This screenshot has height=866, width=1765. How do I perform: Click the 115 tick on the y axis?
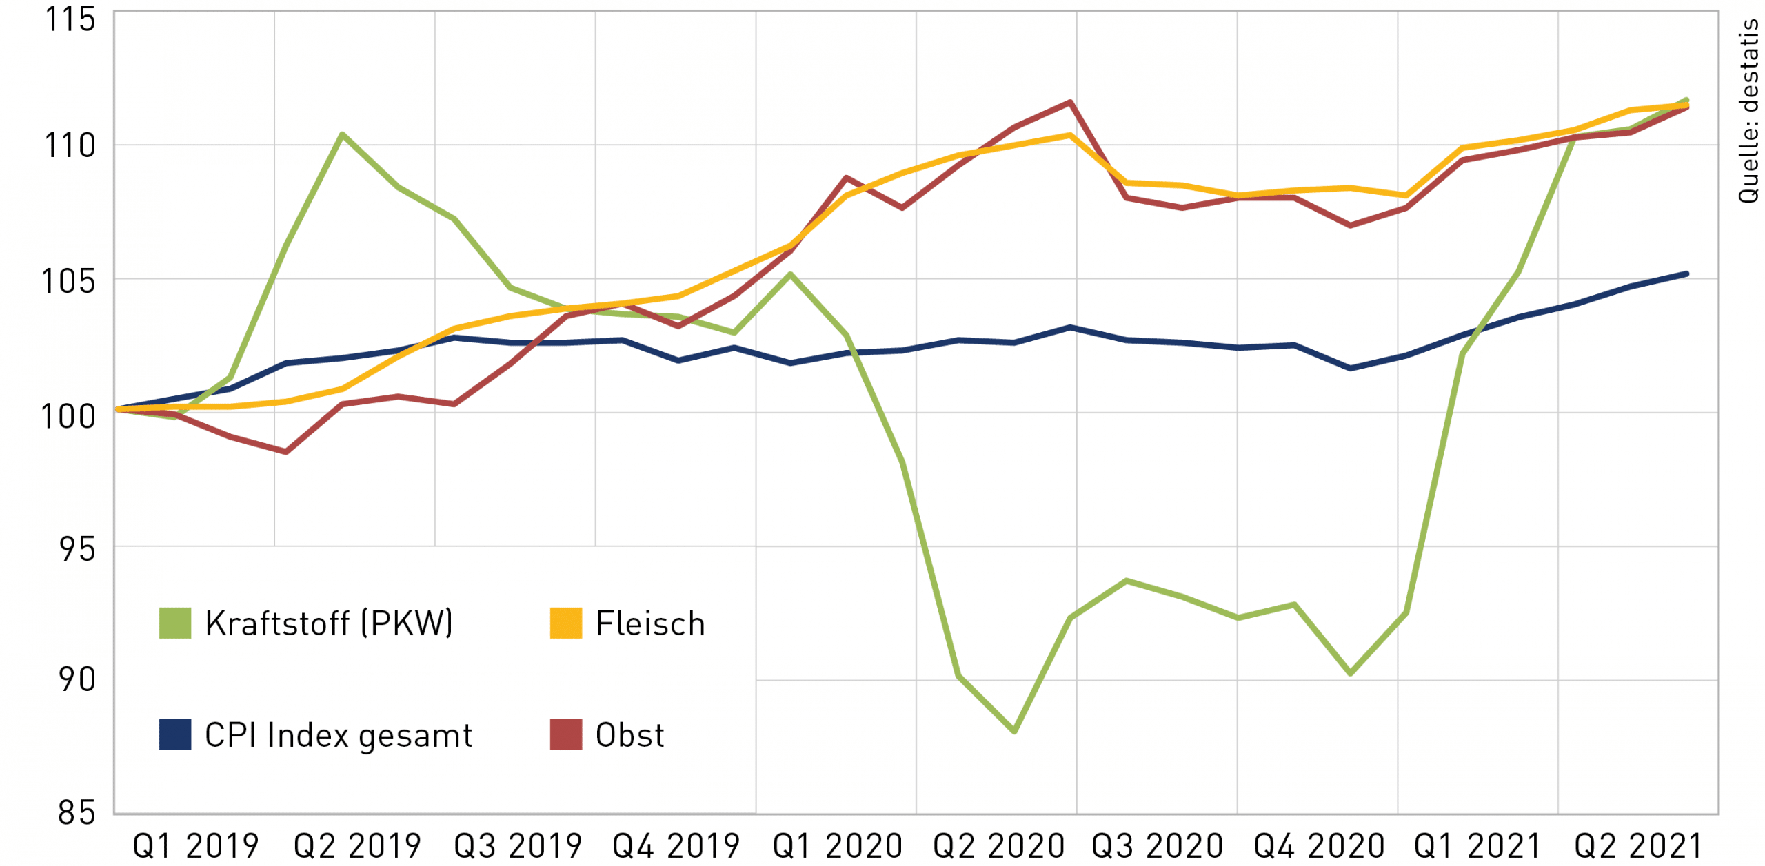coord(70,19)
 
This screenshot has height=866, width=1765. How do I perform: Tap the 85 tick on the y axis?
coord(76,813)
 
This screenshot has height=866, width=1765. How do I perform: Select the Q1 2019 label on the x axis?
coord(195,846)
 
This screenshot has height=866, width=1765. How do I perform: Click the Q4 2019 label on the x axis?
coord(676,846)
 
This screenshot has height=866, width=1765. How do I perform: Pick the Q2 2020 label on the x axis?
coord(998,846)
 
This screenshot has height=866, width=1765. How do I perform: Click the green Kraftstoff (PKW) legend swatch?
coord(175,623)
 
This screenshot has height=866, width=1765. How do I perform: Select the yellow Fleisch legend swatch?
coord(565,623)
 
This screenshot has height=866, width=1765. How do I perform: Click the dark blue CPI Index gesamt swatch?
coord(175,734)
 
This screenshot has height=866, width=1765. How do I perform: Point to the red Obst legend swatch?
coord(565,734)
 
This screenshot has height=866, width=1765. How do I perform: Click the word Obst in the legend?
coord(629,735)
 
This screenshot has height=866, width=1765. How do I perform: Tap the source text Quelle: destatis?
coord(1748,110)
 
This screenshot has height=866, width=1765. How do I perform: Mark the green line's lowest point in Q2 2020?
coord(1014,731)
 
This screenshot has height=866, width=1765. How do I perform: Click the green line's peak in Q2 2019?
coord(343,134)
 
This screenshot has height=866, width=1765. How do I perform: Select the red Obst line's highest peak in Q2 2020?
coord(1070,102)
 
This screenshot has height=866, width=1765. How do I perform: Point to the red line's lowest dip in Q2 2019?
coord(286,452)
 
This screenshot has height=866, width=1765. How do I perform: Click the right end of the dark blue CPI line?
coord(1686,274)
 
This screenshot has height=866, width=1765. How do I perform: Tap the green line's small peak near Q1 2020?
coord(790,274)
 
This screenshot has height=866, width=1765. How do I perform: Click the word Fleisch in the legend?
coord(650,624)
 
